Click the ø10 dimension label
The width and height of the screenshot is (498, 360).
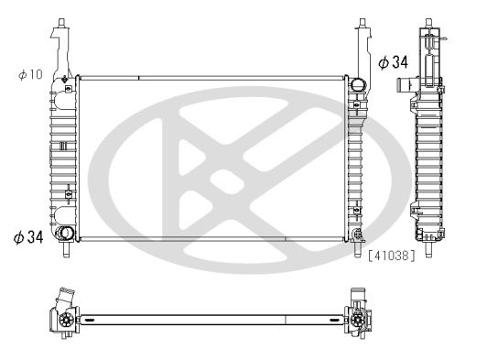click(x=30, y=74)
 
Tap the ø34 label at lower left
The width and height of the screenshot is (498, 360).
click(x=28, y=237)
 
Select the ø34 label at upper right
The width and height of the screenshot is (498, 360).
click(x=393, y=63)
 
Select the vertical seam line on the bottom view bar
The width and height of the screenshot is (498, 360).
click(x=287, y=321)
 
